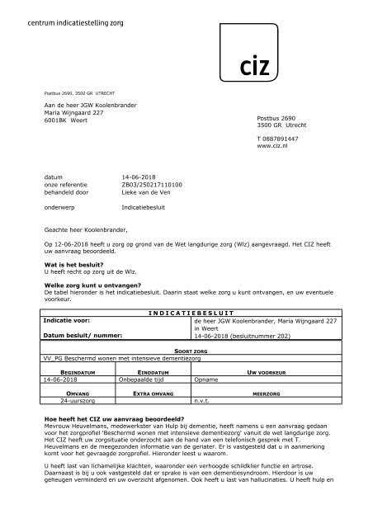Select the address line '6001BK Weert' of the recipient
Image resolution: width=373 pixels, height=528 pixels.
click(x=66, y=120)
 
